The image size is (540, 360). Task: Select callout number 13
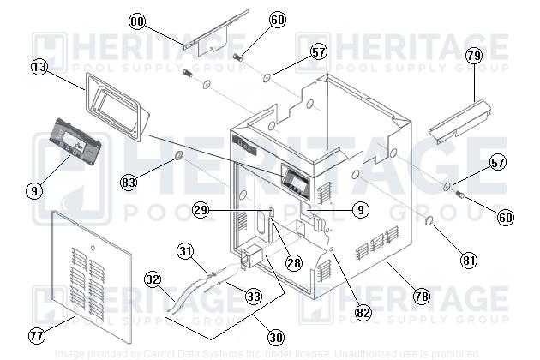click(39, 66)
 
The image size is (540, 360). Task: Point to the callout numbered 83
click(129, 182)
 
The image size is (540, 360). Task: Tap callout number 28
click(294, 263)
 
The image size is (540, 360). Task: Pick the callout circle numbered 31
click(186, 250)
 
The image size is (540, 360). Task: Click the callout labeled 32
click(153, 279)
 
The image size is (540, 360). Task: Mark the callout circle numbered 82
click(363, 313)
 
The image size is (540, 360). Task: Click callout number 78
click(421, 297)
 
